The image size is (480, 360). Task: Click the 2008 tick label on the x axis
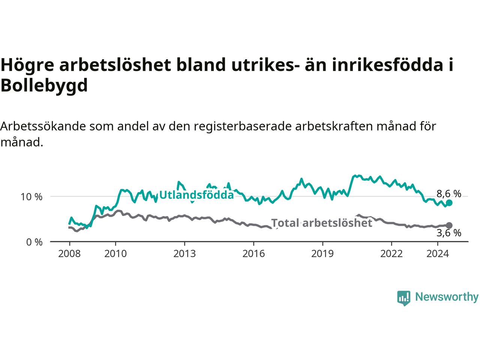coord(69,254)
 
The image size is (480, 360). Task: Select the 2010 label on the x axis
coord(115,254)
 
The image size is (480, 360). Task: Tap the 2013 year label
coord(184,254)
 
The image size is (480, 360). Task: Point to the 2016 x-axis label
coord(253,254)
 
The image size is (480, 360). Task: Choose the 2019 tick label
coord(322,254)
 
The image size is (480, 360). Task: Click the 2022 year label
coord(391,254)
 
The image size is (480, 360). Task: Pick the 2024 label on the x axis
coord(438,254)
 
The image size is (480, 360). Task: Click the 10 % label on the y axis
coord(31,197)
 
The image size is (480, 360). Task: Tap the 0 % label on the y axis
coord(34,242)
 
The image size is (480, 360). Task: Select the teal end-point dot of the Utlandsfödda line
coord(449,203)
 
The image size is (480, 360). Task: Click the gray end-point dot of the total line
coord(449,225)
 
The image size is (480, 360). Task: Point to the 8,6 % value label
coord(449,193)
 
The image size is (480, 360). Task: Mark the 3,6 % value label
coord(449,233)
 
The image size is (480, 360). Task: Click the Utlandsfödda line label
coord(196,195)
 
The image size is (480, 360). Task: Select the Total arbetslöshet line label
coord(322,223)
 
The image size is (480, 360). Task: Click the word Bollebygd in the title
coord(44,85)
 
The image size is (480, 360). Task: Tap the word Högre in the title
coord(27,65)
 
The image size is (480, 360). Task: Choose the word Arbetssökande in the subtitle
coord(43,126)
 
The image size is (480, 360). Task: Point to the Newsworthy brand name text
coord(447,297)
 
